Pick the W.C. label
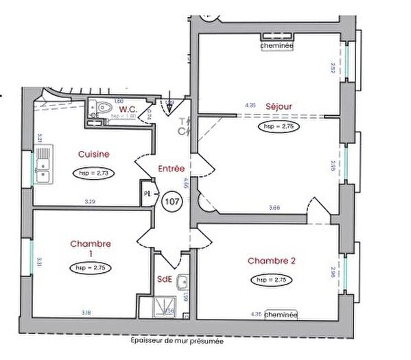point(128,109)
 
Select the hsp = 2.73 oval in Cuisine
point(94,173)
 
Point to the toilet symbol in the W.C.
point(103,108)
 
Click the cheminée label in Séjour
point(277,45)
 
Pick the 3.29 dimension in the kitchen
point(90,201)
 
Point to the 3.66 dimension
point(274,207)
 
